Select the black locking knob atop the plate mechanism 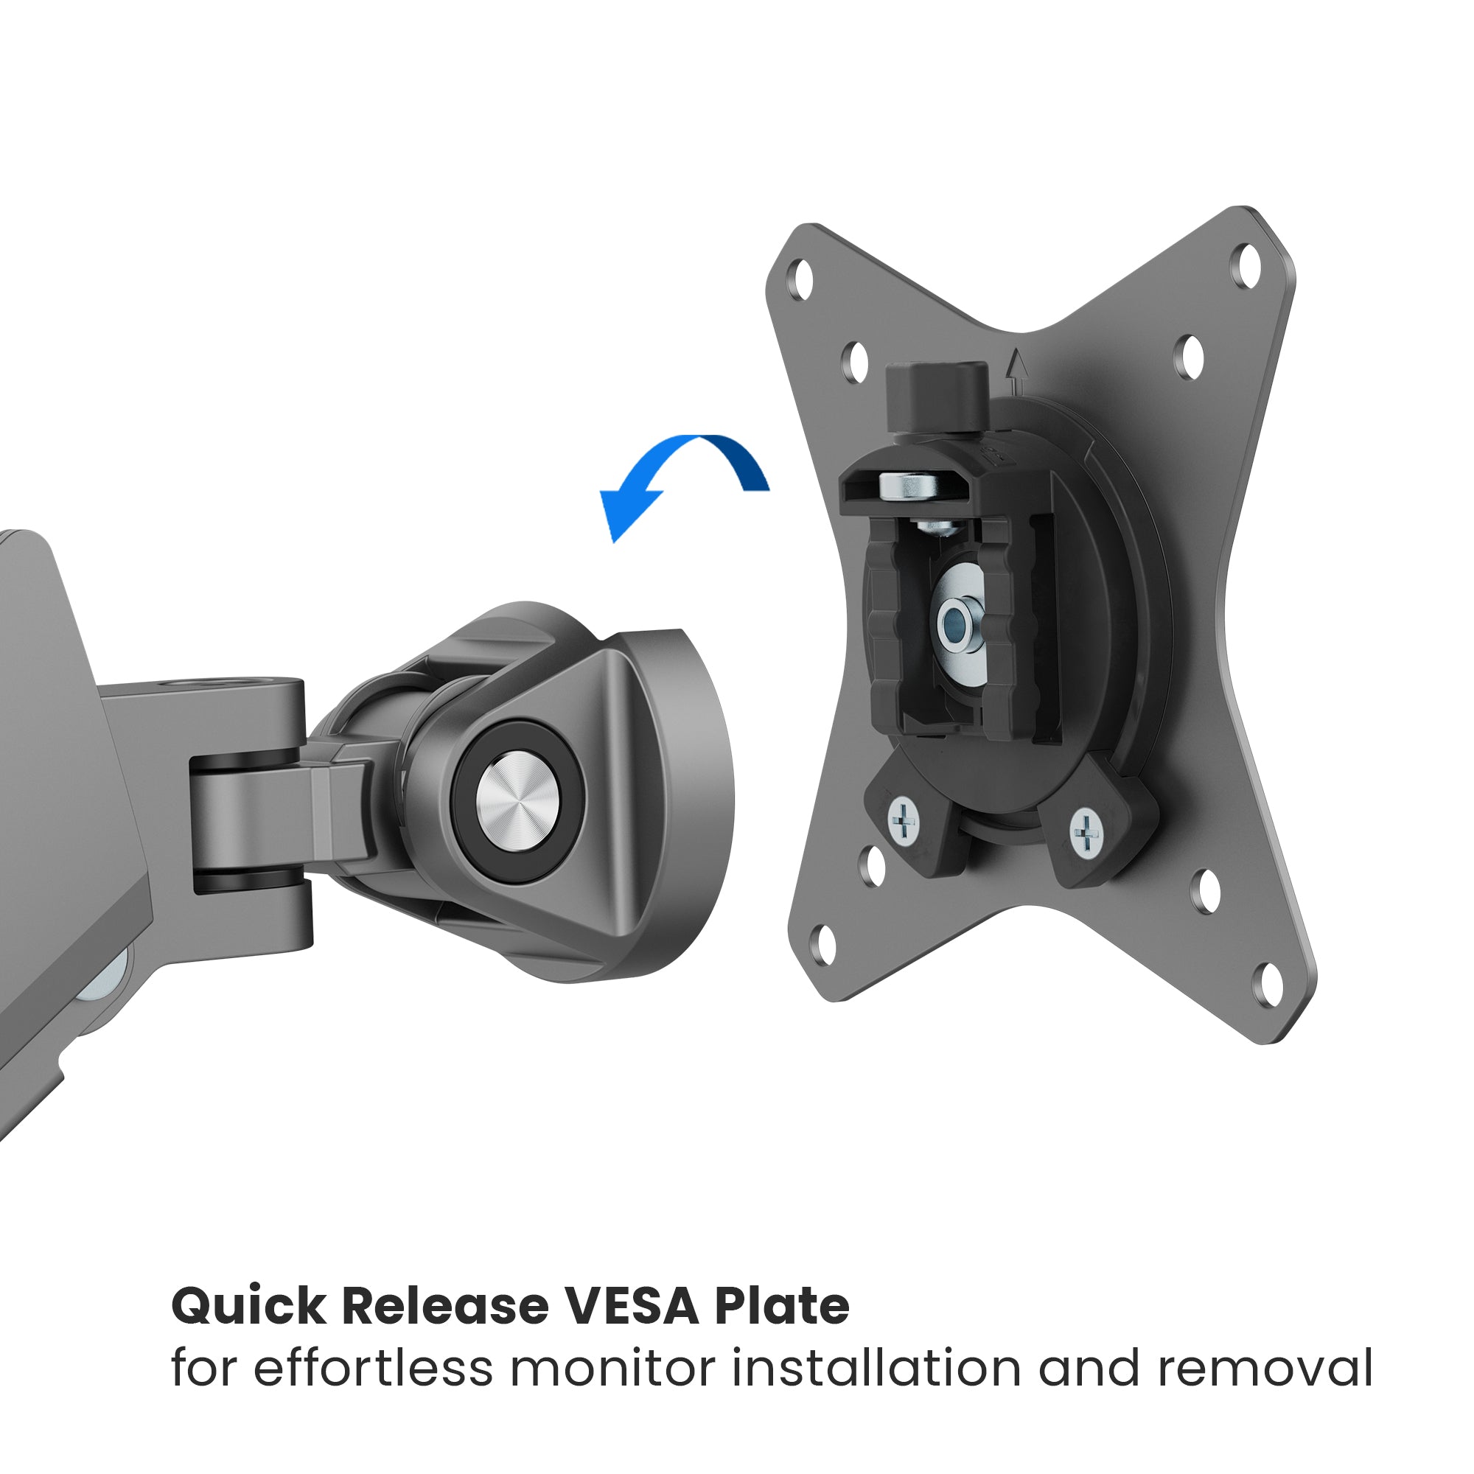937,396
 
